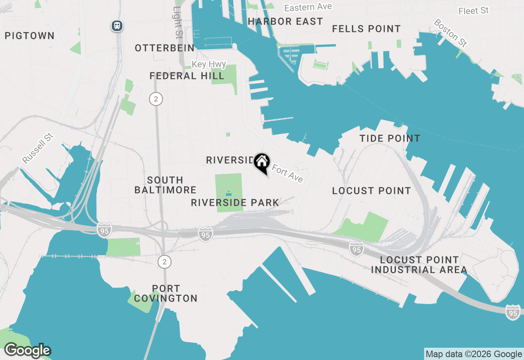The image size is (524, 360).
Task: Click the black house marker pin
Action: (262, 162)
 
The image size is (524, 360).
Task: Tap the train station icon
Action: (117, 26)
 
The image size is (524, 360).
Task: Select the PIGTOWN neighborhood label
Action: (29, 36)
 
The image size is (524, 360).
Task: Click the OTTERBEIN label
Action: (165, 48)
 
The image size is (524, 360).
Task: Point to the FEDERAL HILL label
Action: (187, 76)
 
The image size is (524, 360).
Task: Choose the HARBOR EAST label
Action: (285, 21)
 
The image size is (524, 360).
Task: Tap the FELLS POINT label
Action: (366, 29)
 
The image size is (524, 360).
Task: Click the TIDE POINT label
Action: (390, 138)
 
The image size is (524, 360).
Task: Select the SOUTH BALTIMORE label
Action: (165, 185)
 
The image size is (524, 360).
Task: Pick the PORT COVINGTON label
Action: (166, 293)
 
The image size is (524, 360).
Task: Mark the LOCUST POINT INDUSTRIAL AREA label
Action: (419, 265)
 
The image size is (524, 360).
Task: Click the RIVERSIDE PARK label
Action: (235, 202)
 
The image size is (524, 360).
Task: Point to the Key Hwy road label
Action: (209, 64)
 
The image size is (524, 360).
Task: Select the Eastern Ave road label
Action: (308, 7)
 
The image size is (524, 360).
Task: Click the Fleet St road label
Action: (474, 11)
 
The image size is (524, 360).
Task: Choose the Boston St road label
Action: (450, 32)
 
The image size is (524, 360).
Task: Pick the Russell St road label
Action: (38, 148)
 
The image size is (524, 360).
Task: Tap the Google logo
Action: (27, 351)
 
